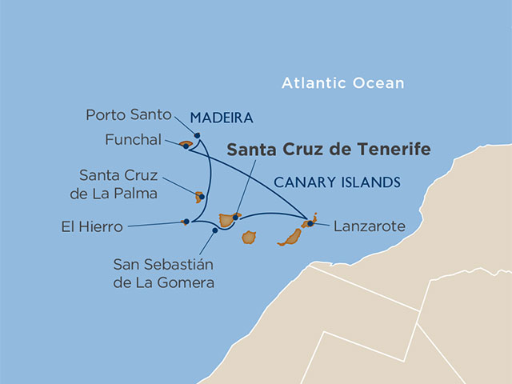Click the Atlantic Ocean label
[342, 83]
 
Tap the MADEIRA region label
[222, 118]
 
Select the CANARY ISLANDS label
[337, 182]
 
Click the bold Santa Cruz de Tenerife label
[329, 150]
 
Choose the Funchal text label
[133, 139]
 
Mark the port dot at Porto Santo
[196, 134]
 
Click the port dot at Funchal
[186, 146]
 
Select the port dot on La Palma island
[202, 196]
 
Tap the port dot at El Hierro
[186, 222]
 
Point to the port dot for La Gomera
[214, 230]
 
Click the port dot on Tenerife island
[235, 216]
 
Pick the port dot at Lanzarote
[310, 223]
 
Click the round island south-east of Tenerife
[249, 238]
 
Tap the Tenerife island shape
[227, 220]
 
